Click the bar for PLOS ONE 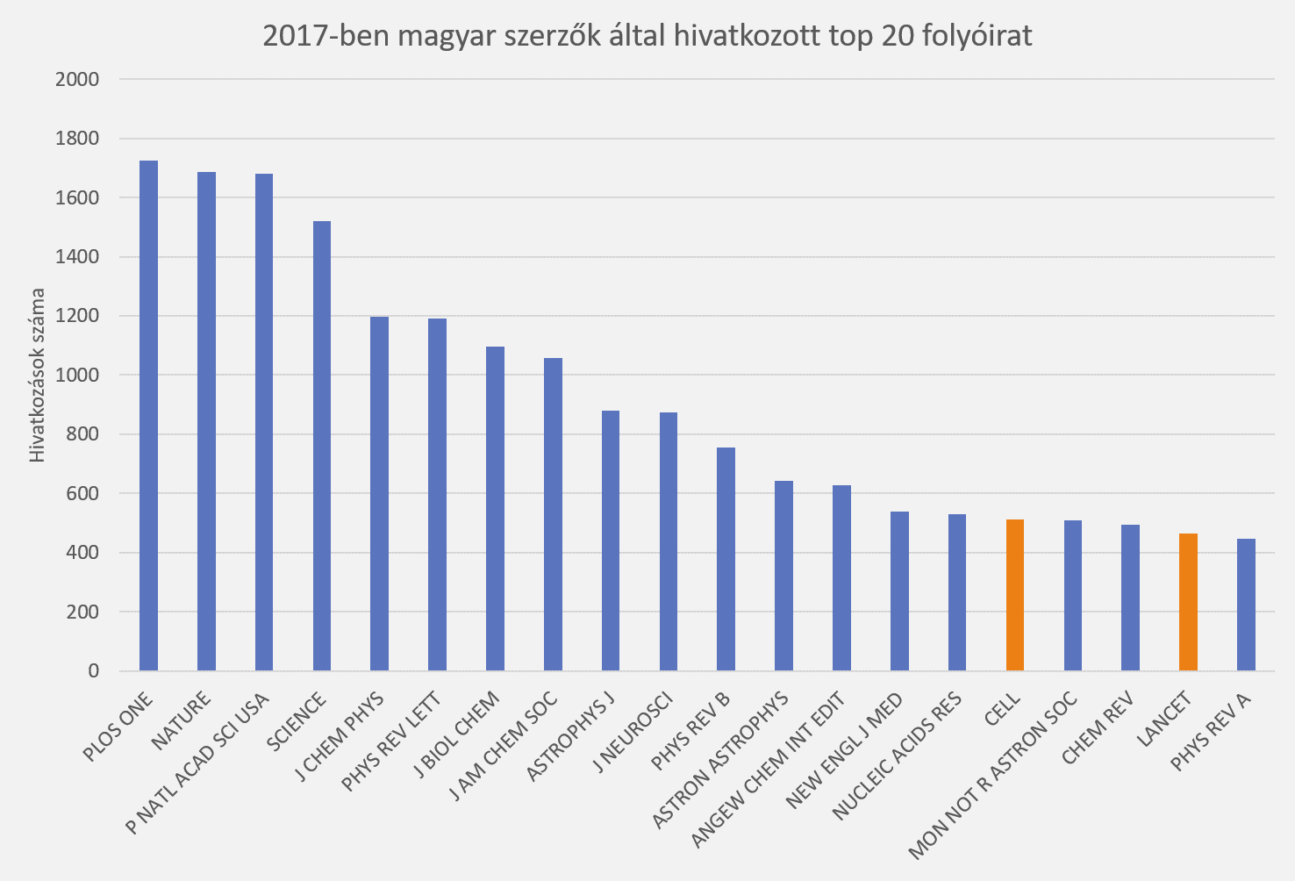(x=149, y=417)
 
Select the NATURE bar (x=206, y=421)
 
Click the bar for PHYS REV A (x=1246, y=605)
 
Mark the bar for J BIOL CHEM (x=495, y=509)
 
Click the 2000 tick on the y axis (x=77, y=80)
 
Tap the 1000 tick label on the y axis (x=77, y=376)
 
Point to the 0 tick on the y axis (x=93, y=671)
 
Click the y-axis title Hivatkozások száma (x=37, y=375)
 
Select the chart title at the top (x=647, y=36)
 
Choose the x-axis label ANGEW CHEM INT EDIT (x=769, y=770)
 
